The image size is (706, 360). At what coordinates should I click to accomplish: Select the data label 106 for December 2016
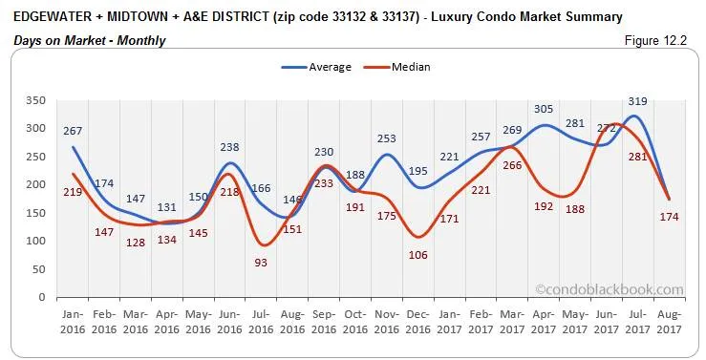417,254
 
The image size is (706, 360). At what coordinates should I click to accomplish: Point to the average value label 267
73,131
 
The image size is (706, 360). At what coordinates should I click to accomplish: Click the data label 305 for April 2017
542,110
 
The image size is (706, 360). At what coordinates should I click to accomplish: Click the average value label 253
386,138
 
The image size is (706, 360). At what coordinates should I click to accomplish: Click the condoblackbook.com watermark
610,288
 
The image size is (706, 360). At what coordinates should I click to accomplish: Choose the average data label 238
229,147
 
